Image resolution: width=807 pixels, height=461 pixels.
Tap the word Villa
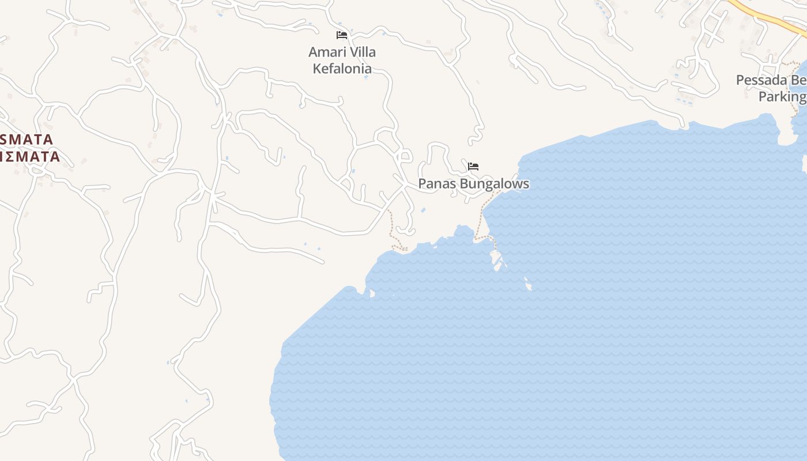click(x=363, y=52)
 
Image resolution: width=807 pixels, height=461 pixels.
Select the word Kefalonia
click(x=342, y=69)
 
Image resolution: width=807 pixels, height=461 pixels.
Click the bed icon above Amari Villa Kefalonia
click(x=342, y=35)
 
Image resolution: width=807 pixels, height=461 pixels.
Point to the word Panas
click(x=436, y=184)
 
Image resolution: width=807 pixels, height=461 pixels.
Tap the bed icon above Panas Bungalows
click(x=473, y=167)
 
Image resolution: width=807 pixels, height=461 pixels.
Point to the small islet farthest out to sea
click(x=528, y=284)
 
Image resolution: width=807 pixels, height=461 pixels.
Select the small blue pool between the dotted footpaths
click(x=424, y=210)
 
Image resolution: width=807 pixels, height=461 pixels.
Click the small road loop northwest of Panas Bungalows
click(x=404, y=156)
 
